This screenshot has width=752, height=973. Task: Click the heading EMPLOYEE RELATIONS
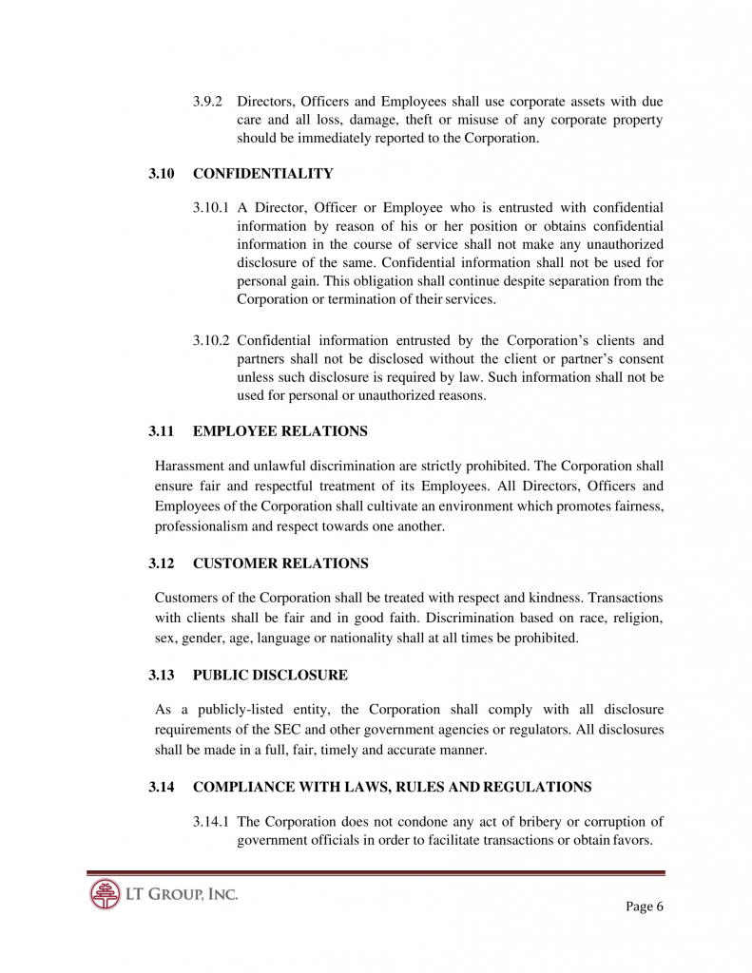280,431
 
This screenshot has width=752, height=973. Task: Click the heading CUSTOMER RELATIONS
280,563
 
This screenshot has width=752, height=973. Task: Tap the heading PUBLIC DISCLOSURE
270,676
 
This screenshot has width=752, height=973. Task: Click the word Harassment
190,466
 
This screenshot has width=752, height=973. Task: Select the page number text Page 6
644,906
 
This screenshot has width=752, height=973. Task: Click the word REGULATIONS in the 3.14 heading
537,787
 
